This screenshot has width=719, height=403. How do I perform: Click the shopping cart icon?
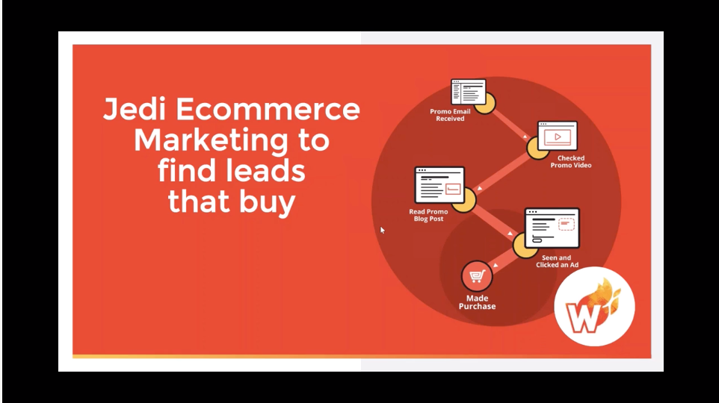(476, 277)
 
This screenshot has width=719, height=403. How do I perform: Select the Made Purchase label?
(476, 303)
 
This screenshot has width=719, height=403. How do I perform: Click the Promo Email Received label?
(451, 115)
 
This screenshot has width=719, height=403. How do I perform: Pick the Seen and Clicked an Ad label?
(553, 261)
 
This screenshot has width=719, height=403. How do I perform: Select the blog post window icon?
(439, 185)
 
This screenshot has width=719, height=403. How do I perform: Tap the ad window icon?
(552, 228)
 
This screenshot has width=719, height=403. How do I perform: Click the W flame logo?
(594, 306)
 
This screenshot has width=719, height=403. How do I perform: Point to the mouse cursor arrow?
(383, 230)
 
